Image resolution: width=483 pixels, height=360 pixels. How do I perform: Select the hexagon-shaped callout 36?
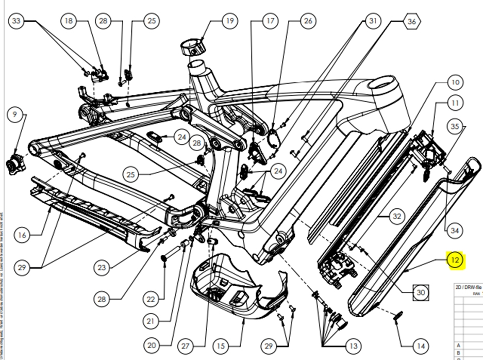pyautogui.click(x=411, y=22)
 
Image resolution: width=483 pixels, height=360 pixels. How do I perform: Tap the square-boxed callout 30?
pyautogui.click(x=421, y=292)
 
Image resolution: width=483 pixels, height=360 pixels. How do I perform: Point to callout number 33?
pyautogui.click(x=16, y=21)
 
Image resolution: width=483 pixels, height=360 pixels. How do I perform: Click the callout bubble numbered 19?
pyautogui.click(x=229, y=21)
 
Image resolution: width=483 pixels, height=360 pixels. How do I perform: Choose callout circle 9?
pyautogui.click(x=14, y=114)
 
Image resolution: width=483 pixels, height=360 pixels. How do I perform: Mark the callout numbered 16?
pyautogui.click(x=22, y=235)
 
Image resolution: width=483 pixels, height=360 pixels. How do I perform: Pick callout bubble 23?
pyautogui.click(x=102, y=268)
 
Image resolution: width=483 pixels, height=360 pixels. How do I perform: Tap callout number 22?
pyautogui.click(x=151, y=299)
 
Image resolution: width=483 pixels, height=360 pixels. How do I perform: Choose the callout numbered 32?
pyautogui.click(x=396, y=217)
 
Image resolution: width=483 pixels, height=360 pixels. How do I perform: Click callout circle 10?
pyautogui.click(x=454, y=83)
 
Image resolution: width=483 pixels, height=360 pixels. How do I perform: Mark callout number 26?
pyautogui.click(x=308, y=21)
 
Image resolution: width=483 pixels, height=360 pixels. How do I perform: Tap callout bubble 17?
pyautogui.click(x=270, y=21)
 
